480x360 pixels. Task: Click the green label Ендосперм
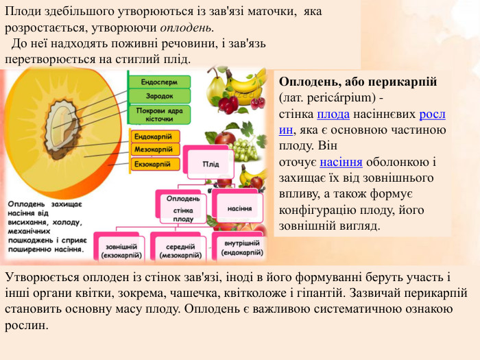coord(159,82)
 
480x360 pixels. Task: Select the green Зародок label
coord(159,96)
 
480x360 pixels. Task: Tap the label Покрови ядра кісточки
coord(159,114)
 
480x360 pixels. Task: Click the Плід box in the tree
coord(211,164)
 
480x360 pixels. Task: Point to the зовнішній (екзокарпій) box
coord(121,251)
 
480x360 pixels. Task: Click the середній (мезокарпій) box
coord(180,251)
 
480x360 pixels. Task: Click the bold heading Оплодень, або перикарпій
coord(358,82)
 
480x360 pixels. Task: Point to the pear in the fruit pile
coord(217,86)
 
